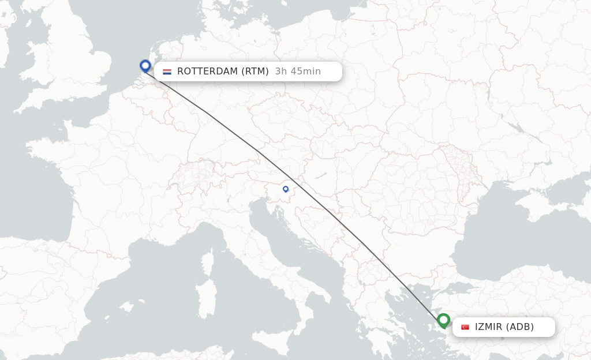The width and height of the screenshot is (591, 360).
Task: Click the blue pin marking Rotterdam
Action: (145, 66)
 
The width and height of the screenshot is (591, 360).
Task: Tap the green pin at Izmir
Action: (443, 320)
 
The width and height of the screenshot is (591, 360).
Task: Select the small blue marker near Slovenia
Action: (285, 189)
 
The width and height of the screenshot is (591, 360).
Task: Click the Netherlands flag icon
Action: (167, 72)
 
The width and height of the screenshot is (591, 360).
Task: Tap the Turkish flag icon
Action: (465, 327)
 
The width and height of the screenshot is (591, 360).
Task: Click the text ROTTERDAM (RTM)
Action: (223, 72)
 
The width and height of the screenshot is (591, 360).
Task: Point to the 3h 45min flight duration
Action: (298, 72)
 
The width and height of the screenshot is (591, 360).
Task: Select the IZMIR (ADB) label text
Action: (504, 327)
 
